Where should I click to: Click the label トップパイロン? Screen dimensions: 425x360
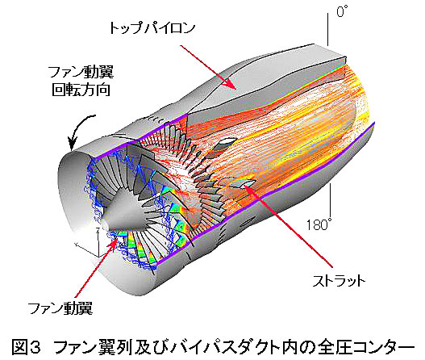[152, 28]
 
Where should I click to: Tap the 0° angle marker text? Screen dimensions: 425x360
[342, 11]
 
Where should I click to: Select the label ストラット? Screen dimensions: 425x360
[339, 281]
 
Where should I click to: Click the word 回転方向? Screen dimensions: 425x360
[81, 90]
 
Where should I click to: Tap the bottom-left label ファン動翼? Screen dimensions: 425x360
[60, 308]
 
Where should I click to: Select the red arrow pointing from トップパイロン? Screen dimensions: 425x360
[207, 67]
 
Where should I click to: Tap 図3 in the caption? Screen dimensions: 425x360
[27, 347]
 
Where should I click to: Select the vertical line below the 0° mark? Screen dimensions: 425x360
[327, 29]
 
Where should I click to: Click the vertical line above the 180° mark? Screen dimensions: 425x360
[330, 199]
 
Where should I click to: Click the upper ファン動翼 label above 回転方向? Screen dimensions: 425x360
[81, 72]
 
